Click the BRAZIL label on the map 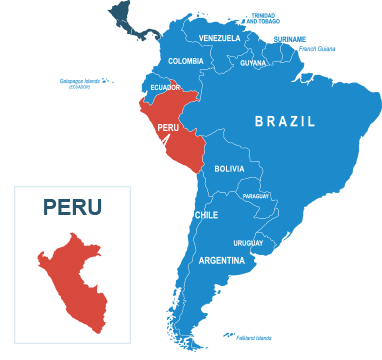click(285, 121)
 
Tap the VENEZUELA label click(220, 38)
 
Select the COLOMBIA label click(186, 61)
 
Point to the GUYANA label click(253, 63)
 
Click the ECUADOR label click(165, 87)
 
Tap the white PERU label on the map click(168, 128)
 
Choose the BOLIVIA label click(229, 169)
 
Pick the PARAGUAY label click(256, 196)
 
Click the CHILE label click(206, 215)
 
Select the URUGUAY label click(248, 243)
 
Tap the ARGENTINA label click(221, 261)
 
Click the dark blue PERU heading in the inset click(72, 207)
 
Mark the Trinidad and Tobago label click(264, 17)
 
